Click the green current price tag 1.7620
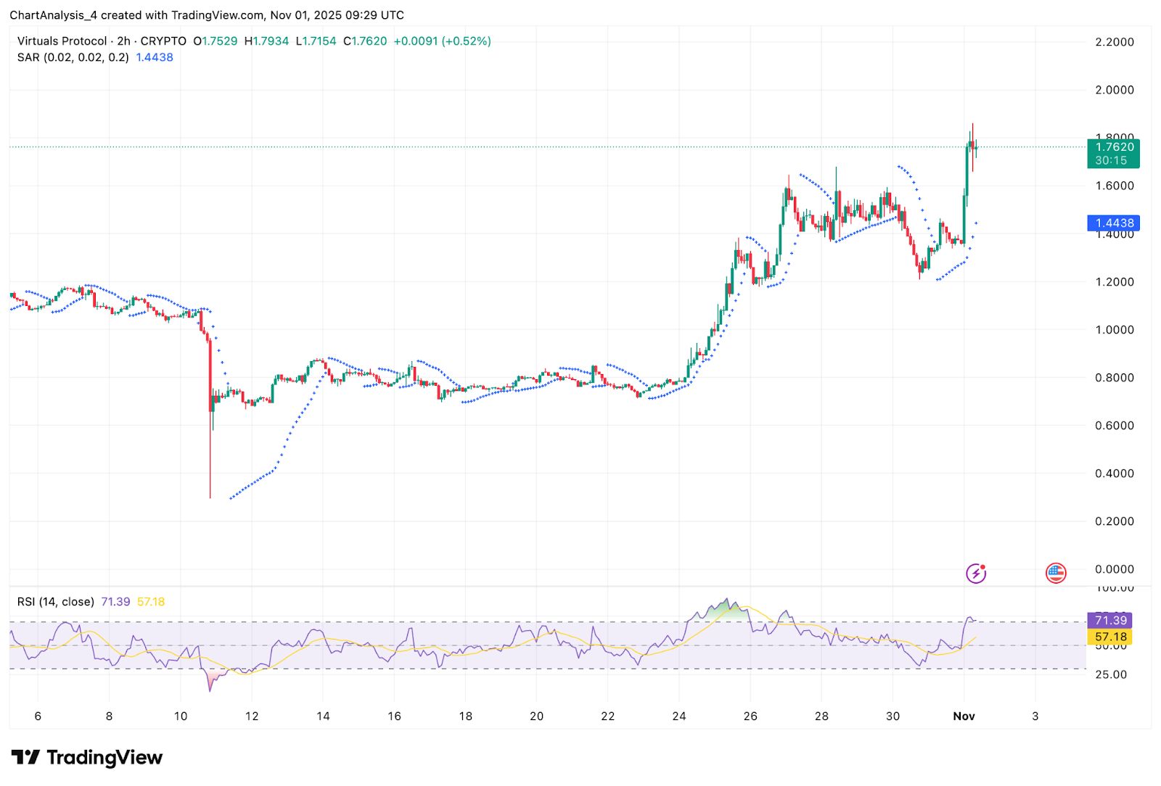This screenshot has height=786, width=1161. point(1113,147)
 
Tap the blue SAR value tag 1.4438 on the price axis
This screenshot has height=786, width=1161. point(1113,223)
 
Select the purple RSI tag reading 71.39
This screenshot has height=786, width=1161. point(1110,620)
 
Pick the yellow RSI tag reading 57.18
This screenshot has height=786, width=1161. point(1110,637)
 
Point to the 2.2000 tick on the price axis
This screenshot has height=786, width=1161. point(1114,42)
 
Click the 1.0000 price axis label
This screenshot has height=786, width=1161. point(1114,330)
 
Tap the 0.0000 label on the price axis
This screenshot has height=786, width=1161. point(1114,569)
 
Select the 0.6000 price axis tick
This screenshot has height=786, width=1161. point(1114,426)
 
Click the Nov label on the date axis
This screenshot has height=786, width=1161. point(964,716)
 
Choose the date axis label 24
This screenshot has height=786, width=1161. point(678,716)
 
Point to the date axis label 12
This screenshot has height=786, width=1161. point(252,716)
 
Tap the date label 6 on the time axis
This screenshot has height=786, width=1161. point(38,716)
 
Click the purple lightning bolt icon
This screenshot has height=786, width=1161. point(976,574)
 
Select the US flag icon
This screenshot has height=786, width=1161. point(1056,574)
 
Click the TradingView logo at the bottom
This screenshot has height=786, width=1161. point(87,758)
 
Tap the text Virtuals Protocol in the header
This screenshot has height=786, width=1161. point(62,41)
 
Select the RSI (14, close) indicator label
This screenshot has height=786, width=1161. point(56,602)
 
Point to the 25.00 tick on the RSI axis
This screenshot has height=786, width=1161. point(1111,674)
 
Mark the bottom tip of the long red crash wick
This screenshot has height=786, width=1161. point(210,497)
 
